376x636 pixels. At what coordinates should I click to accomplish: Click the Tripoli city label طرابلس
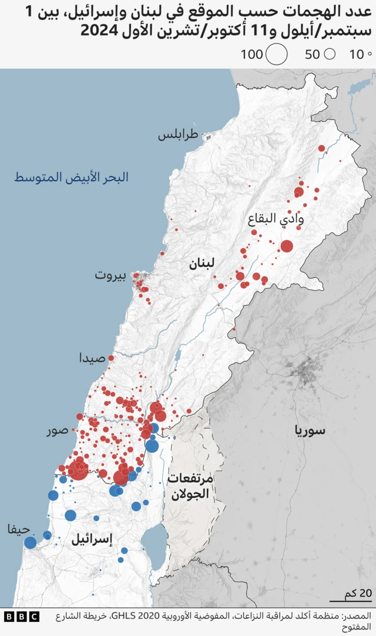(178, 136)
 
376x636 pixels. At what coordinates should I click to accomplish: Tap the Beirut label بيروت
(111, 275)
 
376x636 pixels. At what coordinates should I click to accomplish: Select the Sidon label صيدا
(93, 358)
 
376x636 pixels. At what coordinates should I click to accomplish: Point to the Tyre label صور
(58, 431)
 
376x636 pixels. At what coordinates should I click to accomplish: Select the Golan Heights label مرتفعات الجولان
(189, 486)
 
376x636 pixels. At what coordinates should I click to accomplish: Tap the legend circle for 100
(277, 55)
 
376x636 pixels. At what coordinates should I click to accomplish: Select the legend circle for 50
(330, 55)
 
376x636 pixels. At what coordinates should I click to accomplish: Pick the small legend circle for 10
(370, 55)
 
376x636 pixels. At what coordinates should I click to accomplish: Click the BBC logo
(22, 617)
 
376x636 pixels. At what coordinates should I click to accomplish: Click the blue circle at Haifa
(30, 543)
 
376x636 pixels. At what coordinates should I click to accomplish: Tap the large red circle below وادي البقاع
(287, 246)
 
